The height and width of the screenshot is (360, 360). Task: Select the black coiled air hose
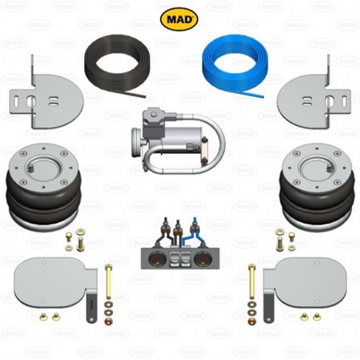(x=114, y=66)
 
